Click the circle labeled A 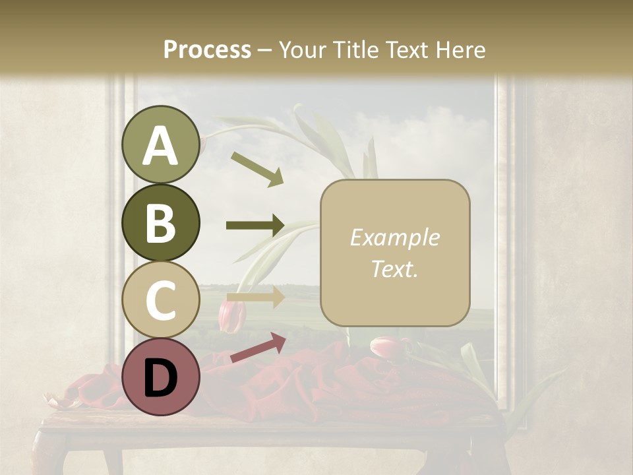coord(161,144)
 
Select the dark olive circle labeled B coord(161,222)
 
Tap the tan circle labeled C coord(161,299)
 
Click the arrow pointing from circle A coord(256,168)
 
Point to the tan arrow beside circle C coord(256,296)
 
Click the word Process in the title coord(207,49)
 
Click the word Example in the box coord(394,237)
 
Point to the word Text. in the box coord(394,269)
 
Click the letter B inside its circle coord(160,223)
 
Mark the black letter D coord(160,377)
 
